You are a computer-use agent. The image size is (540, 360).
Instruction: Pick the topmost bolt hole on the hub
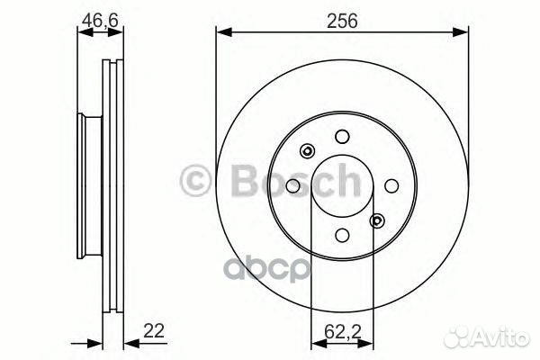point(342,136)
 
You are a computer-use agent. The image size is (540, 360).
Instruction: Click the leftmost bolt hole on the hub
point(292,185)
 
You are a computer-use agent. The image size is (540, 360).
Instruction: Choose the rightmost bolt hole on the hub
point(391,185)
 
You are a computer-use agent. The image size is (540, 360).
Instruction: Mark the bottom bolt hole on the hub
point(342,235)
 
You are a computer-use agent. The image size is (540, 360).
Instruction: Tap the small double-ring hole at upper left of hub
point(307,150)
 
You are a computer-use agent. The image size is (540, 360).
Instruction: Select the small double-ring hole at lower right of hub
point(377,220)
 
